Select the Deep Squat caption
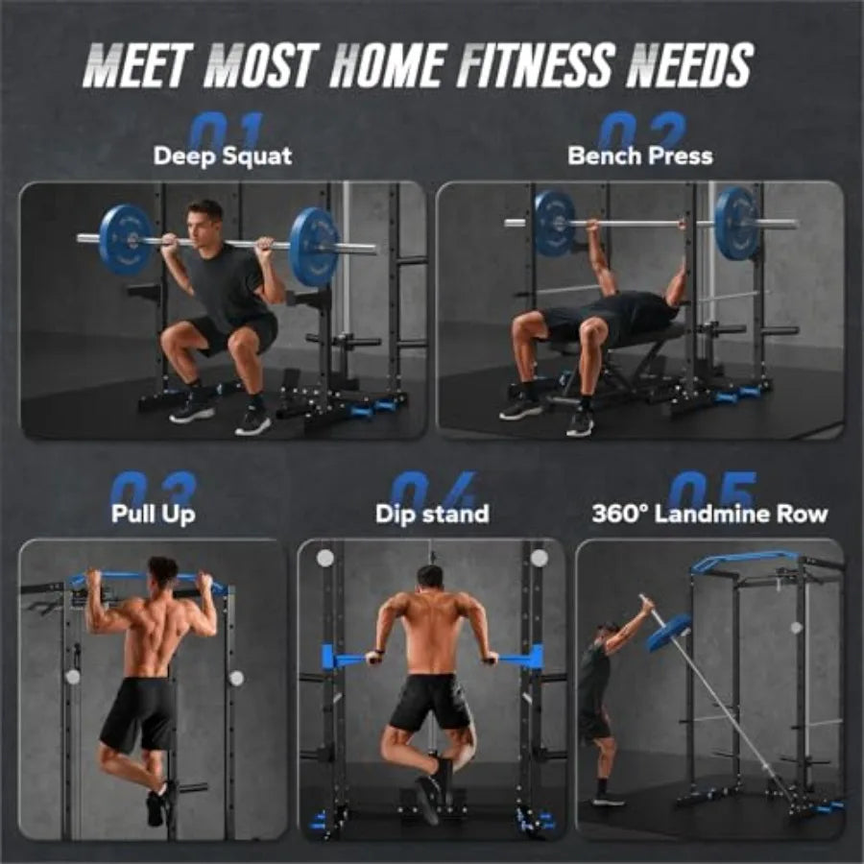coord(223,156)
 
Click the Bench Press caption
coord(640,156)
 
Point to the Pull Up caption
coord(154,514)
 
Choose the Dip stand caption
coord(432,514)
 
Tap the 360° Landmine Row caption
coord(709,514)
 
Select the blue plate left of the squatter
coord(126,239)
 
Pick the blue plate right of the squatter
coord(315,247)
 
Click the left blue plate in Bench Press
coord(554,223)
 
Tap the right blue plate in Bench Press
coord(737,224)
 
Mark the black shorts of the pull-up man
coord(138,712)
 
